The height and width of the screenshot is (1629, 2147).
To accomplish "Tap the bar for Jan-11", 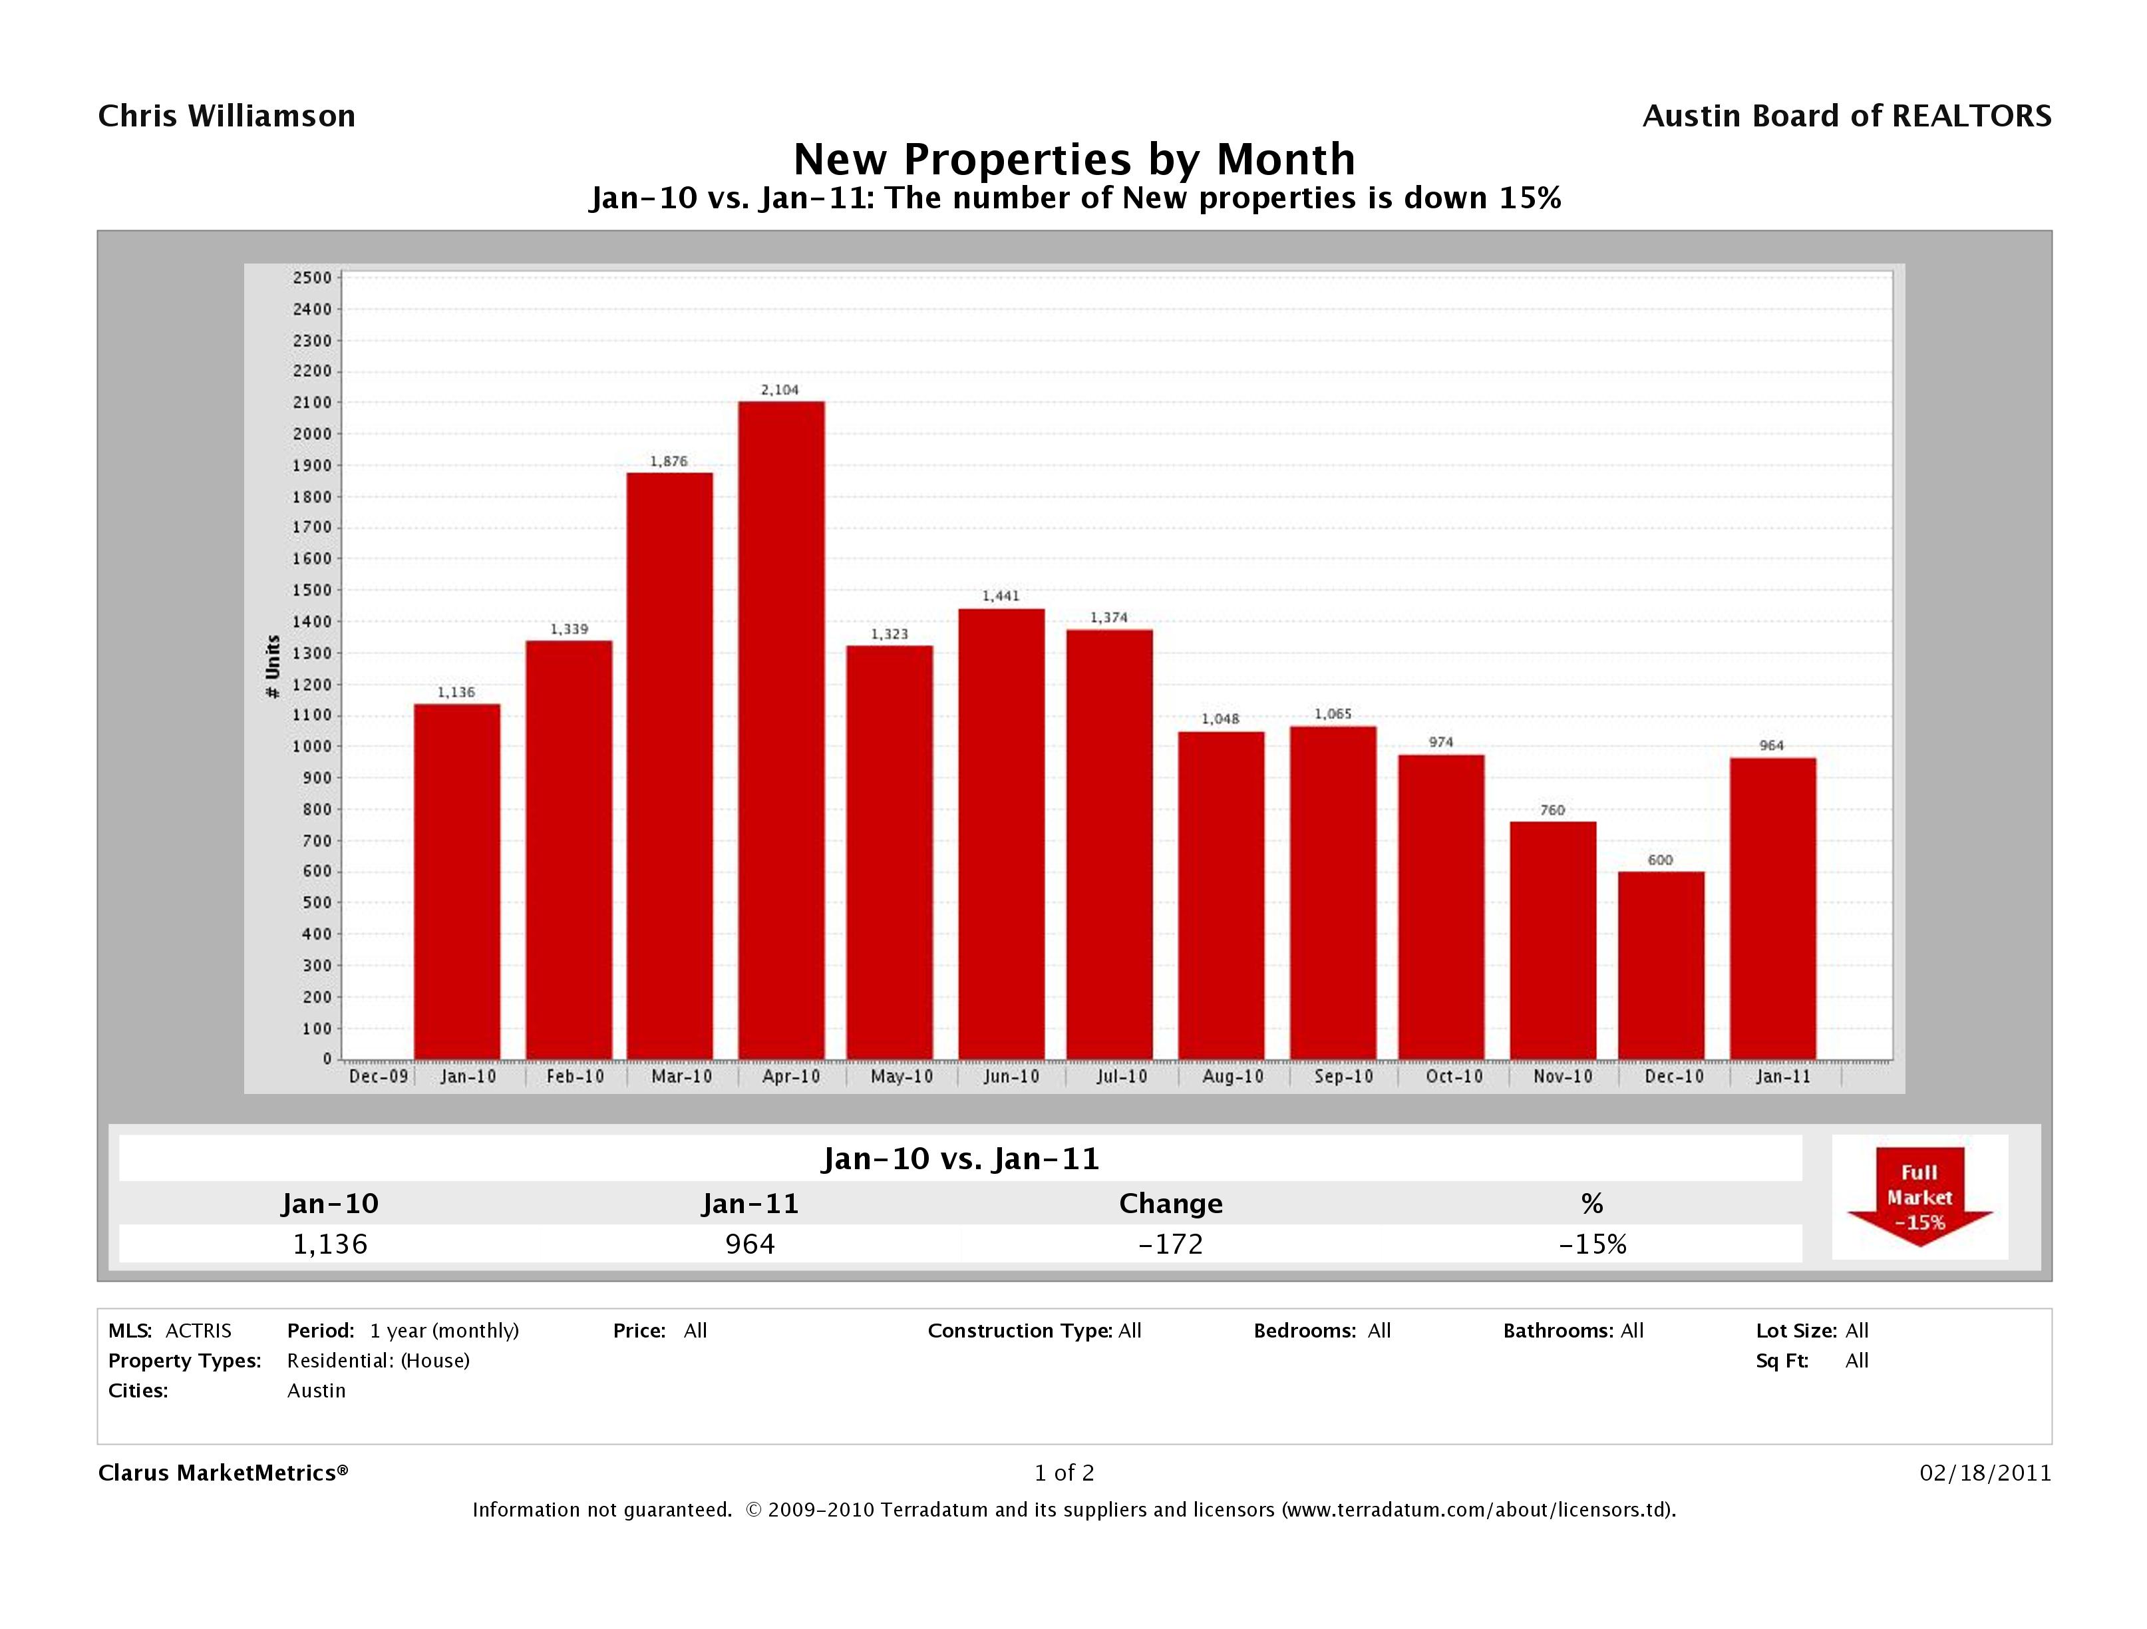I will tap(1772, 908).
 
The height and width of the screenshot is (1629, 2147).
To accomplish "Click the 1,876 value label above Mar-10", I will tap(669, 461).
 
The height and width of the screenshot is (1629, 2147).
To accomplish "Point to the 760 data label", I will tap(1552, 810).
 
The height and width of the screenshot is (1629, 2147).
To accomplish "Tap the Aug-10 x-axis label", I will tap(1233, 1077).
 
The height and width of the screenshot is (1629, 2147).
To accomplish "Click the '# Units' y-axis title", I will tap(273, 666).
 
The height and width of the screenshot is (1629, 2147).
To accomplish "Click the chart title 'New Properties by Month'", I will tap(1074, 159).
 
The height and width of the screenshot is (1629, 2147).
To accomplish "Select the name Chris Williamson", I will tap(226, 116).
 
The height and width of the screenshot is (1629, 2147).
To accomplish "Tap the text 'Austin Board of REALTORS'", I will tap(1846, 116).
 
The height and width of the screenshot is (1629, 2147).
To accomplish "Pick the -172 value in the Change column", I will tap(1170, 1244).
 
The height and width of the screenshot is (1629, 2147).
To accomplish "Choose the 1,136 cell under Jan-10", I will tap(330, 1244).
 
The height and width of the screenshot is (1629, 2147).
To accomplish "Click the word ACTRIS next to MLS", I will tap(198, 1330).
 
